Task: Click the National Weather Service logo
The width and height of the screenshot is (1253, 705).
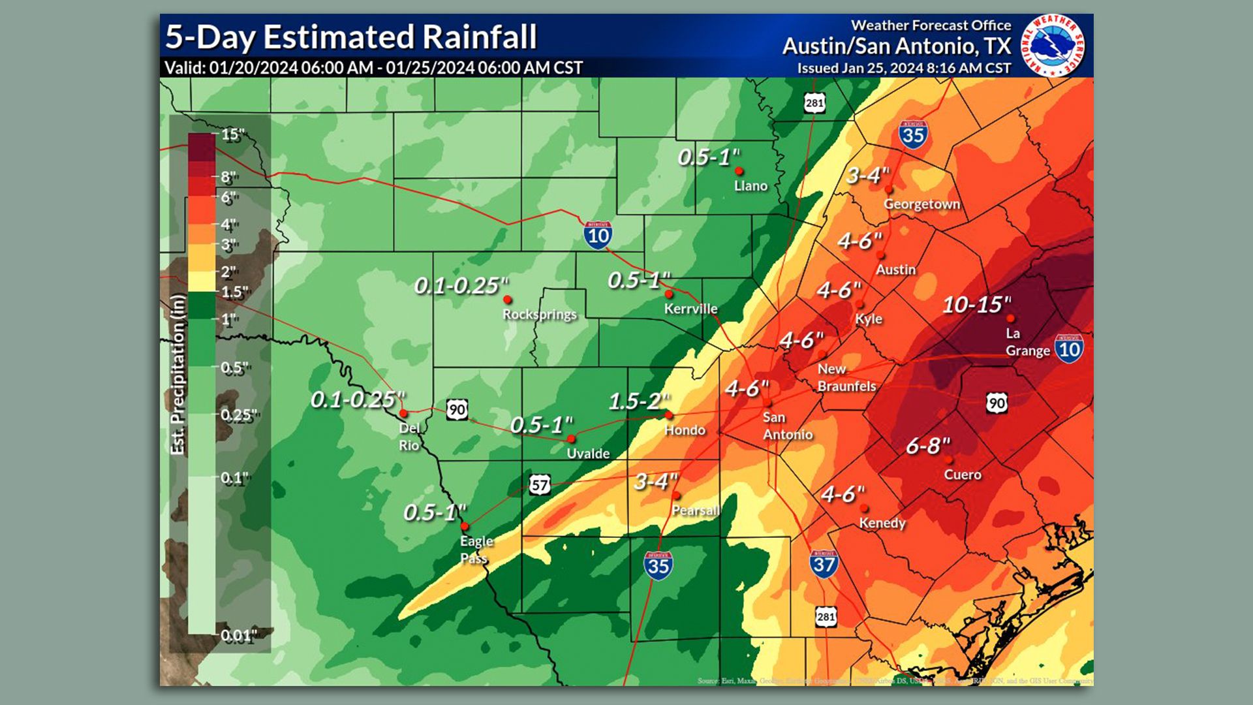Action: (1053, 45)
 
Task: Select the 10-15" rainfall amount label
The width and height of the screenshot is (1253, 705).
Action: (976, 304)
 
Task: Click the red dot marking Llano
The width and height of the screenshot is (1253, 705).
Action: (739, 171)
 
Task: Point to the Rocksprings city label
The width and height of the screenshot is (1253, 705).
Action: (539, 315)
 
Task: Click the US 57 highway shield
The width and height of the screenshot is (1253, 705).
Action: (539, 485)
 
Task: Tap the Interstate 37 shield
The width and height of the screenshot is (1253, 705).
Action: (824, 563)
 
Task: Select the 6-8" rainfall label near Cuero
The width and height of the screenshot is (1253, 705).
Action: (927, 446)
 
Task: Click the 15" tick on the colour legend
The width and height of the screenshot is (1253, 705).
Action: (232, 135)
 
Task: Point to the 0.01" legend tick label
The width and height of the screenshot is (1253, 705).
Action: (238, 635)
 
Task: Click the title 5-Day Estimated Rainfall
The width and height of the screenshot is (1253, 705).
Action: (350, 37)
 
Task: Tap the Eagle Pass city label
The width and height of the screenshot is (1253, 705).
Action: (476, 549)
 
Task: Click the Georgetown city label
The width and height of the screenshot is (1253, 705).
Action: (921, 204)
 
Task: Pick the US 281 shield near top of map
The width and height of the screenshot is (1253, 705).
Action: (814, 103)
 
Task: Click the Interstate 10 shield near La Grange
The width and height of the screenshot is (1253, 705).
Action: (1068, 349)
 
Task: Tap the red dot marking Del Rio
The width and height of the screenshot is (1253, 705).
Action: (403, 413)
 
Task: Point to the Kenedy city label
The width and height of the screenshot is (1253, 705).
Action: (882, 523)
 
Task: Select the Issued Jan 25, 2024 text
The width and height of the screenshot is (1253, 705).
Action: (903, 69)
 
